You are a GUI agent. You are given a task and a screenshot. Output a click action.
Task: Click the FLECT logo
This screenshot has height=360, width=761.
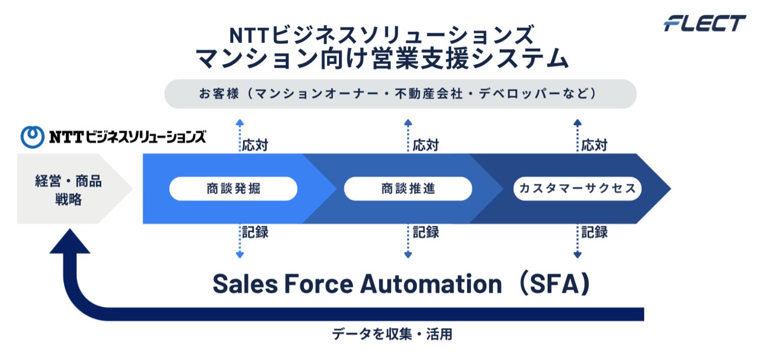(x=705, y=23)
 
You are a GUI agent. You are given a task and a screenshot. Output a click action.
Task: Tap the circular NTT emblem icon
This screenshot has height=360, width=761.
(x=32, y=137)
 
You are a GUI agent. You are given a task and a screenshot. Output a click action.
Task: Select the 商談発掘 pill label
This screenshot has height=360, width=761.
(x=233, y=189)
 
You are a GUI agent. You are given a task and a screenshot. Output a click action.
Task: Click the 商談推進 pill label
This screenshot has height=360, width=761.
(x=408, y=189)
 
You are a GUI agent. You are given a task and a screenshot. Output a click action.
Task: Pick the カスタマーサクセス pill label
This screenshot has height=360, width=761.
(x=577, y=189)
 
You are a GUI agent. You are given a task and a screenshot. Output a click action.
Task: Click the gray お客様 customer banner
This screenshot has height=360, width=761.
(x=400, y=94)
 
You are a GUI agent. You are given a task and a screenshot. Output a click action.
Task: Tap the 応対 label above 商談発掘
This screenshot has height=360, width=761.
(x=255, y=145)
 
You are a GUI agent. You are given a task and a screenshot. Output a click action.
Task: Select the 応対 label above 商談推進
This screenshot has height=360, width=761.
(x=425, y=145)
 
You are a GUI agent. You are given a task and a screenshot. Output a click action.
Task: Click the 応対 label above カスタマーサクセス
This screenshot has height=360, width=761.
(x=594, y=145)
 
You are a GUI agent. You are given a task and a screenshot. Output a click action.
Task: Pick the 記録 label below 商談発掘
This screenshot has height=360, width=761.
(x=255, y=232)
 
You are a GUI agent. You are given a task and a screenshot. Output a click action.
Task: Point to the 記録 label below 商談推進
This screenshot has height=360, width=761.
(x=425, y=232)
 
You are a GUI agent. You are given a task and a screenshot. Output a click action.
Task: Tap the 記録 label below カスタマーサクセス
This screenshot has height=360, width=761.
(x=594, y=232)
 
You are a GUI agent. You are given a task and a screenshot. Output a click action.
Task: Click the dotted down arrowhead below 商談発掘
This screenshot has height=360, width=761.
(x=239, y=254)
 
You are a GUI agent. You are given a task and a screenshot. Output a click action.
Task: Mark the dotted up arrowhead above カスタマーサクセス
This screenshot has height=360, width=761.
(x=577, y=123)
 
